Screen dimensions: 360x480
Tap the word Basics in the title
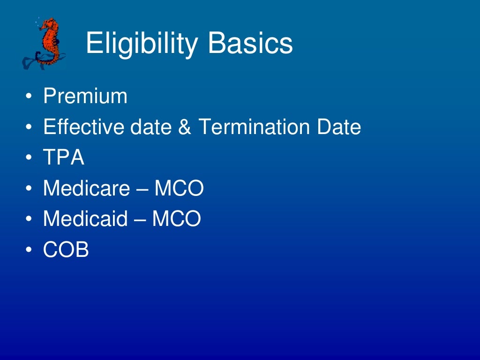251,44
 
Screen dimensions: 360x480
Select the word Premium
85,96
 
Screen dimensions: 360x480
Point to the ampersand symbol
185,127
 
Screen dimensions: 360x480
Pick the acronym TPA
64,158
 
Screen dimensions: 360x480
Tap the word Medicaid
85,219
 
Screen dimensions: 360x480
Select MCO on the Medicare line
179,188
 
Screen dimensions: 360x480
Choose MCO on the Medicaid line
176,219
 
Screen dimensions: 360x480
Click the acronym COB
66,250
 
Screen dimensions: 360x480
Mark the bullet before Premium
30,97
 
